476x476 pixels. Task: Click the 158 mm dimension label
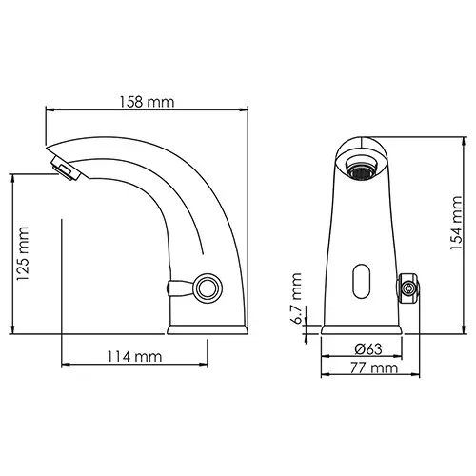point(147,102)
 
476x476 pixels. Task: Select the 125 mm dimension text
point(23,254)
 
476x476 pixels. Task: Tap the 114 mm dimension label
point(134,356)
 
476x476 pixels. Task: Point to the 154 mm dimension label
point(456,223)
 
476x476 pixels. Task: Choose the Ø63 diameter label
point(368,349)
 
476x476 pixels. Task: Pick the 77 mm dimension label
point(374,368)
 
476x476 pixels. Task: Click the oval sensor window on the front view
point(362,281)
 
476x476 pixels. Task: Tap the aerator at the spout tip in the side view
point(66,168)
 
